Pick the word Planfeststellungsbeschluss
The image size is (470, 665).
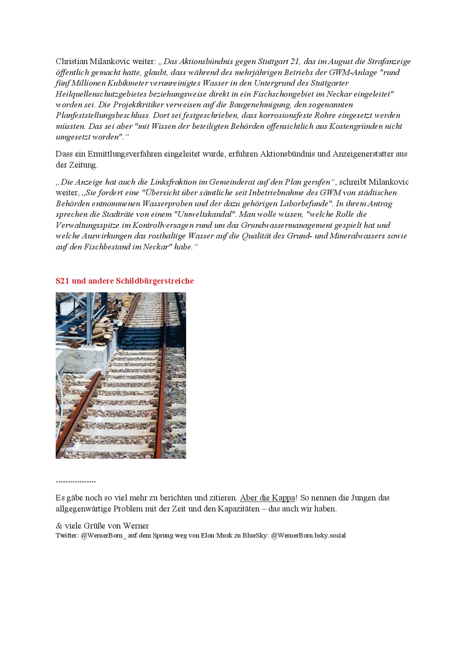(x=102, y=115)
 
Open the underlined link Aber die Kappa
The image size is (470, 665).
(x=267, y=498)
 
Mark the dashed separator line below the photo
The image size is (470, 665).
(x=76, y=481)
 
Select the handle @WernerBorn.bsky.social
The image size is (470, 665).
(x=308, y=536)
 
